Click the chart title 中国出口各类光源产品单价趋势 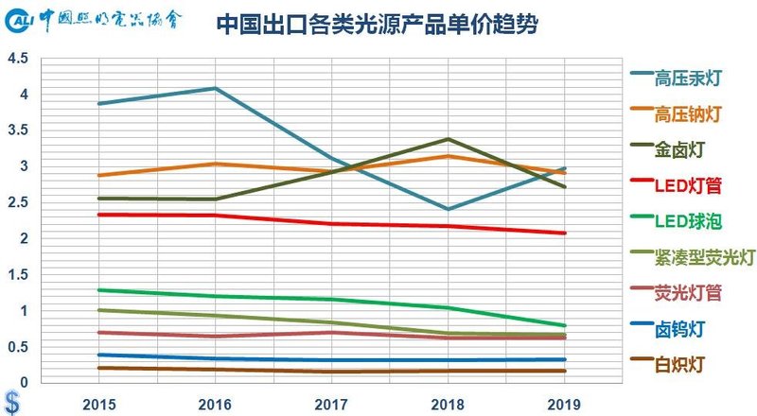(x=378, y=25)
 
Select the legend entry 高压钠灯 (x=688, y=114)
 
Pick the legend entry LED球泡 (x=688, y=220)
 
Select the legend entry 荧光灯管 (x=688, y=292)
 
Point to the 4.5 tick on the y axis (x=18, y=59)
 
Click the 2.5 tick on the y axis (x=18, y=202)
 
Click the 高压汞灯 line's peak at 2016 (x=216, y=89)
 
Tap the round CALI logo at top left (x=26, y=21)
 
